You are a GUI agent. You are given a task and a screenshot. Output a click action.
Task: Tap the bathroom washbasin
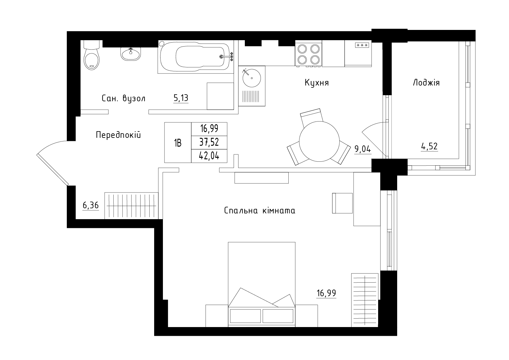click(131, 54)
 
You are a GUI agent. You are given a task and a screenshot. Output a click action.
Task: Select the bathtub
click(196, 57)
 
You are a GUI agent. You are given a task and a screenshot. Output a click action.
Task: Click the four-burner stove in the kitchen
click(309, 54)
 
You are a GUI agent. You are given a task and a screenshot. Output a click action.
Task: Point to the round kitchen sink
click(251, 78)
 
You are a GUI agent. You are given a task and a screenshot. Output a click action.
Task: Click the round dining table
click(319, 141)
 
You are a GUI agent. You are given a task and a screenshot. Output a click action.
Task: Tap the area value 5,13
click(181, 98)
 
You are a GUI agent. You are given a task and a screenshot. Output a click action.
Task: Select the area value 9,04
click(363, 149)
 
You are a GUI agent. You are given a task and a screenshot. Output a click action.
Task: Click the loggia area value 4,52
click(429, 146)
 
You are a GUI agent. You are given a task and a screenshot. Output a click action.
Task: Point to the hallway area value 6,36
click(91, 206)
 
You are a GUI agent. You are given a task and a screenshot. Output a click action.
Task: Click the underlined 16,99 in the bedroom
click(326, 293)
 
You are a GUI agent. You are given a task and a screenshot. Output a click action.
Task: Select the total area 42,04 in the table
click(209, 156)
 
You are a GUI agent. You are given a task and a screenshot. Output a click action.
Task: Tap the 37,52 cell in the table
click(209, 142)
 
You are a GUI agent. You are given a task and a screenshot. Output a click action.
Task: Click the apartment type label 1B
click(178, 143)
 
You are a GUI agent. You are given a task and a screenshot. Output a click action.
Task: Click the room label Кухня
click(317, 83)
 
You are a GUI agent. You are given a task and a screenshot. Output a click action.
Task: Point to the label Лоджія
click(426, 83)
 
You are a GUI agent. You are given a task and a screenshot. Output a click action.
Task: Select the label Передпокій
click(118, 135)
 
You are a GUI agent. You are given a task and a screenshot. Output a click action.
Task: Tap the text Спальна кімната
click(260, 210)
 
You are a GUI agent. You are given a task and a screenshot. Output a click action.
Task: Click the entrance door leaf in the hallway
click(53, 170)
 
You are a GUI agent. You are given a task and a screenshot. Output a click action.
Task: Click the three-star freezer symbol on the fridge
click(362, 45)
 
